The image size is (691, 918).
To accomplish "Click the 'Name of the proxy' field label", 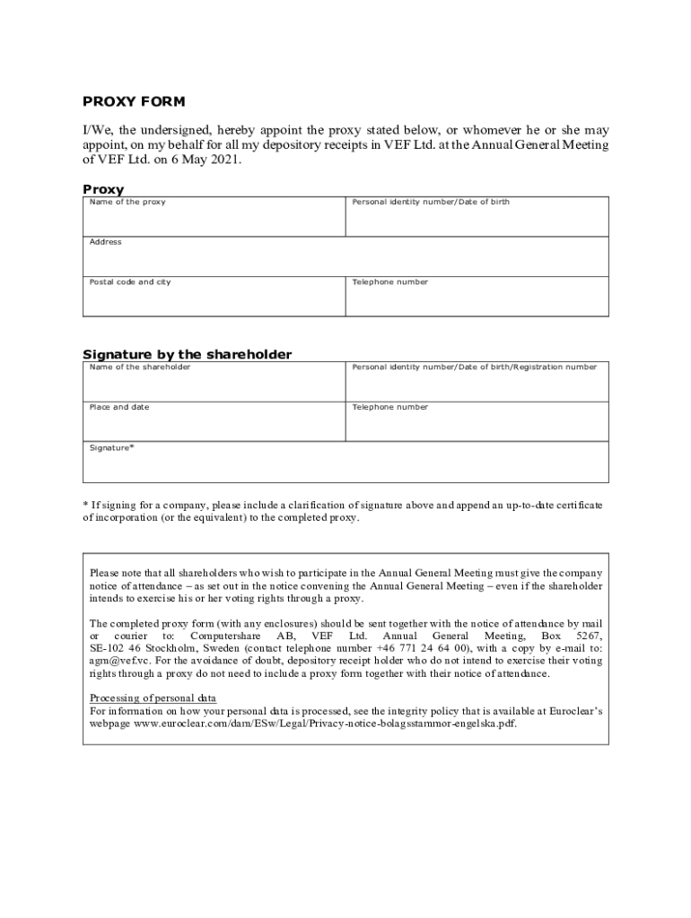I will pos(127,203).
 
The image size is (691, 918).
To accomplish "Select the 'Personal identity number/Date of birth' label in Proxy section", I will pos(431,203).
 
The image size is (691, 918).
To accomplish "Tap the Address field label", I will pos(105,242).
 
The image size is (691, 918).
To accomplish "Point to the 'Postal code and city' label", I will pos(129,282).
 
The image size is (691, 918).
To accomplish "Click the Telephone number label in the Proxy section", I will pos(389,282).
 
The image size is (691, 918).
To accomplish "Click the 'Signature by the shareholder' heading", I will pos(187,355).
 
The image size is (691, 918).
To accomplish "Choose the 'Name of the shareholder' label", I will pos(139,368).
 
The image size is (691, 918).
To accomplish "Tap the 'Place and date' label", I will pos(119,408).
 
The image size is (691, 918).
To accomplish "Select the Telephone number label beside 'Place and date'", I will pos(389,408).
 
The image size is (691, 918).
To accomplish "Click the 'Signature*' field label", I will pos(111,447).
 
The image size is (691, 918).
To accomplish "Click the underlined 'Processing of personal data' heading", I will pos(153,698).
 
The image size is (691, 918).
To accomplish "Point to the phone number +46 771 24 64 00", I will pos(425,648).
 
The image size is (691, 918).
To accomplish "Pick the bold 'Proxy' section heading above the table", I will pos(103,190).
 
